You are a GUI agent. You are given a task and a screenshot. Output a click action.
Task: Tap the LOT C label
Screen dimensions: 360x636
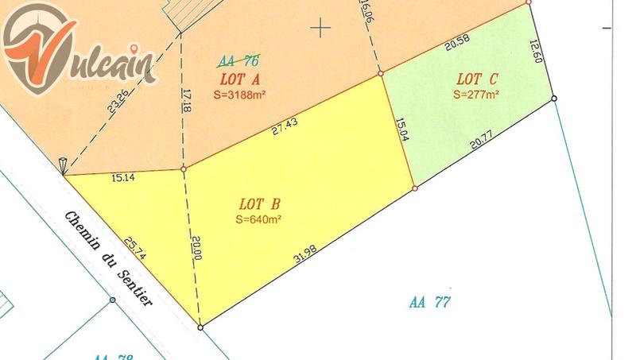[x=477, y=79]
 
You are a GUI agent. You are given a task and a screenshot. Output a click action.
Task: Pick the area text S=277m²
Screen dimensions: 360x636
[x=475, y=93]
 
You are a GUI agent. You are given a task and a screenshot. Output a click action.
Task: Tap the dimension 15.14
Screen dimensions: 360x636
[x=123, y=177]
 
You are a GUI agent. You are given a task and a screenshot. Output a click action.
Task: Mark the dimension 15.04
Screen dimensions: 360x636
[x=402, y=130]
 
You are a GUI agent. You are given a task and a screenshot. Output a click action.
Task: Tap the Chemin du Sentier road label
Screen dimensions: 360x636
[x=107, y=258]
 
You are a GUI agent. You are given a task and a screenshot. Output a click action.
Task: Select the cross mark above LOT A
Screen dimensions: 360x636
[x=320, y=29]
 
